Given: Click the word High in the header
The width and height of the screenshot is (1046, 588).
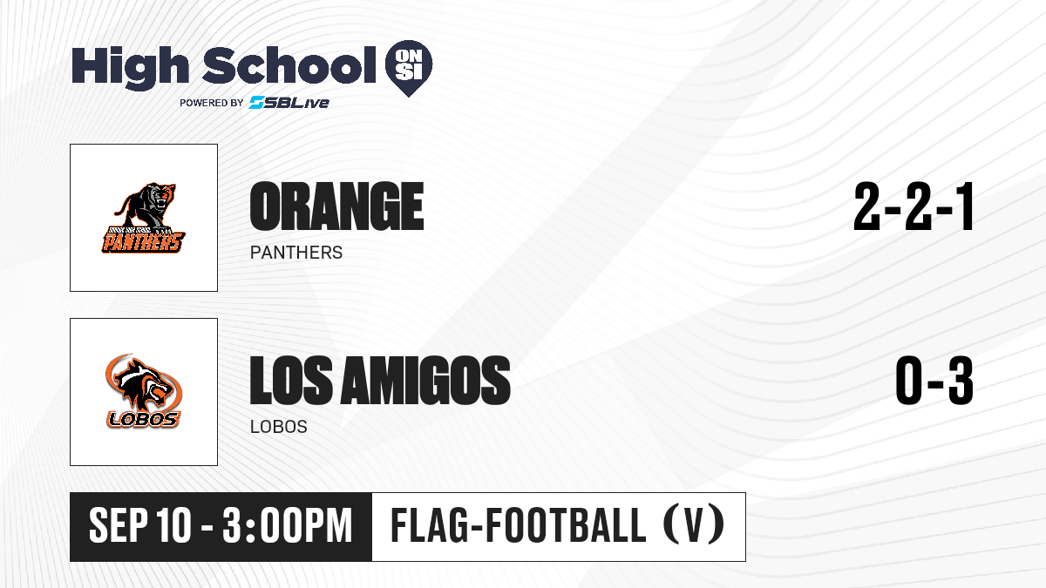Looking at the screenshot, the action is [130, 67].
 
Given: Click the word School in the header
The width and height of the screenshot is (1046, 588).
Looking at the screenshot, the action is [289, 64].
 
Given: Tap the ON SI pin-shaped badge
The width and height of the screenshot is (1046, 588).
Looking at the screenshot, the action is [409, 68].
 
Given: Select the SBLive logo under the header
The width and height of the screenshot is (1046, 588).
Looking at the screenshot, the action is [289, 102].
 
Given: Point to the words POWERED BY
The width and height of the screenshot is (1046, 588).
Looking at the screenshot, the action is [212, 103].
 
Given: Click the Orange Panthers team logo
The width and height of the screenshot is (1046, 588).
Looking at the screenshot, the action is [144, 218].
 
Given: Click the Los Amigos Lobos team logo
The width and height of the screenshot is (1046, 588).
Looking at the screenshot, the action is [144, 391].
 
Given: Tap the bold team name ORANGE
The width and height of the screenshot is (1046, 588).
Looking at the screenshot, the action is [336, 206].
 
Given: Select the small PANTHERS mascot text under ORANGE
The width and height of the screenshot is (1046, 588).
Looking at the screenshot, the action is [296, 253].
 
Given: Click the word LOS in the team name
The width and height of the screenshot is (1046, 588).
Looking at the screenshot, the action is [291, 380].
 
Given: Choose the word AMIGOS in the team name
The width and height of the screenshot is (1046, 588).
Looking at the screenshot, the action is [425, 380].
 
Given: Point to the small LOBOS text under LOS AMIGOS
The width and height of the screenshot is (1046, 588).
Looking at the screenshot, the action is [278, 427].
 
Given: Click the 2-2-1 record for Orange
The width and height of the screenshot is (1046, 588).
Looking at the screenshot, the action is [914, 206].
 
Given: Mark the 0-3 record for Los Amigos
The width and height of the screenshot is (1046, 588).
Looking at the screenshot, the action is [934, 380].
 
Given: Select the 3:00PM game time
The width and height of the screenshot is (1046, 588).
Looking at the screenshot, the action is [287, 525].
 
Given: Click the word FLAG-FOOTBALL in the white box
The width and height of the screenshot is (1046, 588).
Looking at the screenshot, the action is [518, 525].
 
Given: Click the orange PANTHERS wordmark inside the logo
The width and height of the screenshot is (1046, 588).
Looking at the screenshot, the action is [143, 242].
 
